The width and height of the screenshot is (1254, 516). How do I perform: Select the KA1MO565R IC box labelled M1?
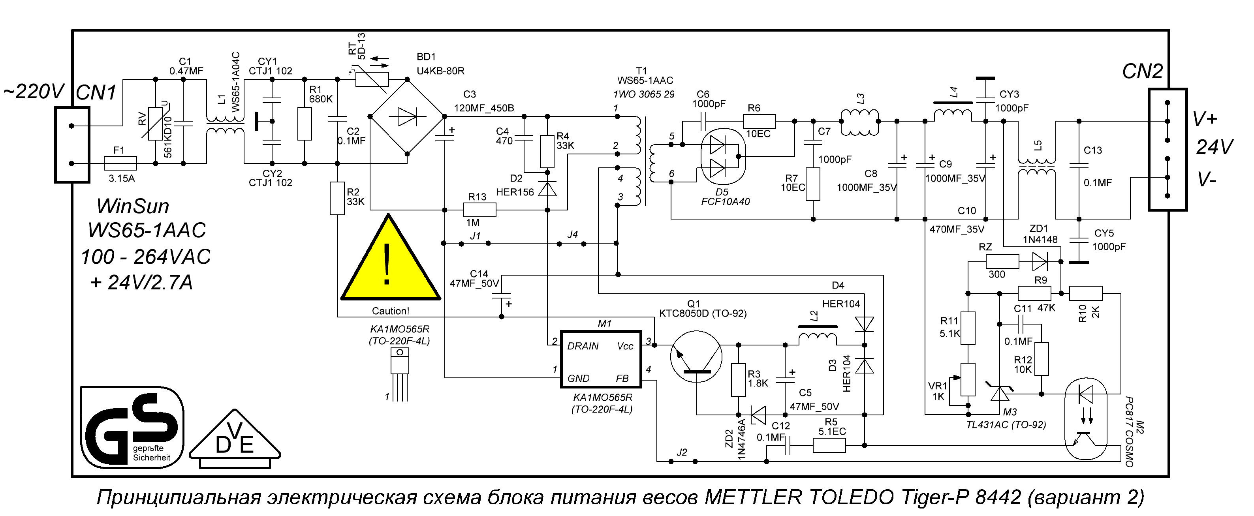[601, 359]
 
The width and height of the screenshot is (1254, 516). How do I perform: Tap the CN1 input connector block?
[72, 145]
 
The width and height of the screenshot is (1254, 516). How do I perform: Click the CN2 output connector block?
[1168, 150]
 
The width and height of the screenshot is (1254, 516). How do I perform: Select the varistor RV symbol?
[155, 124]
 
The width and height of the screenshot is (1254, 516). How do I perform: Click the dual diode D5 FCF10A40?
[722, 157]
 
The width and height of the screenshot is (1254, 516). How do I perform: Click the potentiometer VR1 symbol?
[968, 379]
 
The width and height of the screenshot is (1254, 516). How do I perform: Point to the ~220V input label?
[34, 91]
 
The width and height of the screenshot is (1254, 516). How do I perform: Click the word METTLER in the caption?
[753, 497]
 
